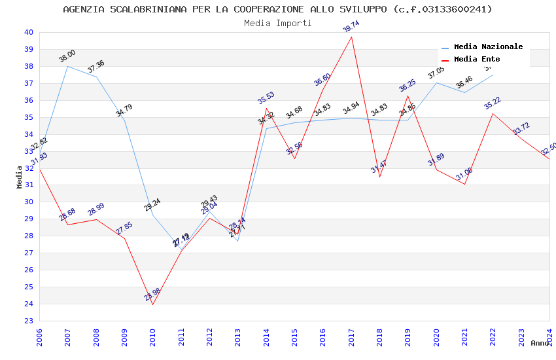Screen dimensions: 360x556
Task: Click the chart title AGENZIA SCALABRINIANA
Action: (x=277, y=9)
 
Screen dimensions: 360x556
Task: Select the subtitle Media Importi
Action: (x=277, y=23)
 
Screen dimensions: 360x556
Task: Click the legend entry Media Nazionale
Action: (x=488, y=46)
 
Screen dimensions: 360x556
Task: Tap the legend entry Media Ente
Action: (x=477, y=59)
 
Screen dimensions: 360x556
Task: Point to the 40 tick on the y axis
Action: (x=28, y=32)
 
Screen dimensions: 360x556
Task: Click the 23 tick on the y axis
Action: (x=28, y=321)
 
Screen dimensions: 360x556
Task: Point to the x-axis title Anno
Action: (x=540, y=343)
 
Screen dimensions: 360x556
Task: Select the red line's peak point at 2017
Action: (x=352, y=37)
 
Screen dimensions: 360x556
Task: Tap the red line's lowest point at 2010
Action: (x=153, y=304)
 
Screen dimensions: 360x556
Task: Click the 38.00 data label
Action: (x=67, y=56)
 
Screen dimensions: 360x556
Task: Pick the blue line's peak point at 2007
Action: (x=68, y=66)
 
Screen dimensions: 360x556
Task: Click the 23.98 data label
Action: (x=152, y=295)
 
